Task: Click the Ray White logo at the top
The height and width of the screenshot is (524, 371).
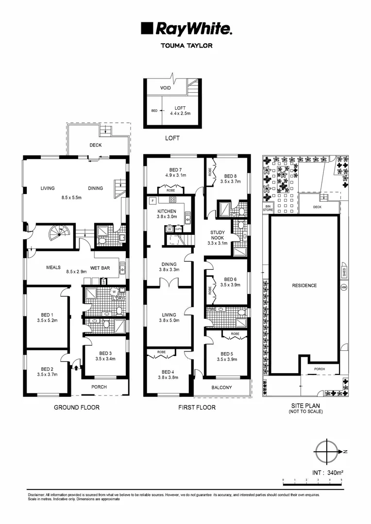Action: click(x=186, y=29)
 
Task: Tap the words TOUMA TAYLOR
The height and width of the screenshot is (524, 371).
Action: click(x=186, y=47)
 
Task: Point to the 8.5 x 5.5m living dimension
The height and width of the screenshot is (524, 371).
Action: click(x=78, y=198)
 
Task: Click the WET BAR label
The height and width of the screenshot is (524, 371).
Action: click(x=112, y=267)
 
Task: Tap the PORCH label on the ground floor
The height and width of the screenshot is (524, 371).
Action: click(x=99, y=387)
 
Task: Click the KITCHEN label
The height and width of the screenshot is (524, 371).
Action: click(x=167, y=212)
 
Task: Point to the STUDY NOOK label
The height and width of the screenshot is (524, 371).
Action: click(x=218, y=235)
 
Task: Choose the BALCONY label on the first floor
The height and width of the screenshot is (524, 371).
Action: click(x=221, y=387)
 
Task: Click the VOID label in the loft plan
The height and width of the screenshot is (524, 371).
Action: click(x=166, y=88)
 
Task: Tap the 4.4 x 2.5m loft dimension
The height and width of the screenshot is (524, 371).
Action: click(x=180, y=113)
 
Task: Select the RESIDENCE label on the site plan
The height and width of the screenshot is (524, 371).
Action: click(x=304, y=285)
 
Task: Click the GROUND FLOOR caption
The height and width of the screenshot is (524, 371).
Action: click(x=76, y=408)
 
